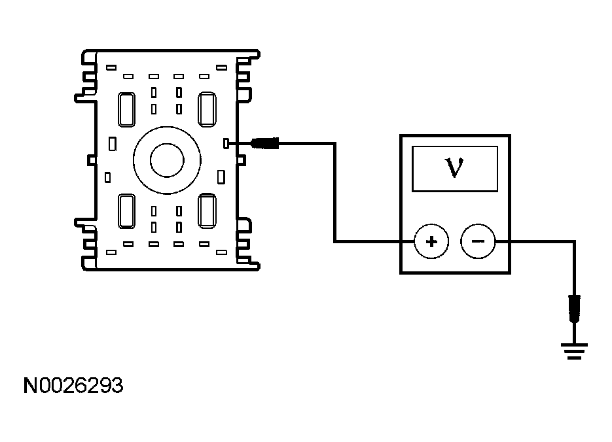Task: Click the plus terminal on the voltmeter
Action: [x=431, y=242]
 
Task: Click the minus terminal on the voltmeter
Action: [x=478, y=242]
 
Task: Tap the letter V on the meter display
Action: [x=454, y=169]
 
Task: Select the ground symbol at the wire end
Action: [x=575, y=352]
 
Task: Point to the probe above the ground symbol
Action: [x=575, y=309]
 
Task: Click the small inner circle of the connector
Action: [x=166, y=160]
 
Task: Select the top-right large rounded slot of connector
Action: [x=207, y=109]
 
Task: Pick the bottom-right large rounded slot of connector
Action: [x=207, y=211]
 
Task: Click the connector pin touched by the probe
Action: [x=226, y=143]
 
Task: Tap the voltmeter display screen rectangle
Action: [x=454, y=169]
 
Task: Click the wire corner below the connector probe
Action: [x=335, y=242]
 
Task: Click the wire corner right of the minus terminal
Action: [x=575, y=242]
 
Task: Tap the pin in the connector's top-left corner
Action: [x=111, y=67]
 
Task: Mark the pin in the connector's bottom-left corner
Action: [x=111, y=251]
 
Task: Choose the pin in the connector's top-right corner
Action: [x=223, y=67]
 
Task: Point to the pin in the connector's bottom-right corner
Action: [x=223, y=251]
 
